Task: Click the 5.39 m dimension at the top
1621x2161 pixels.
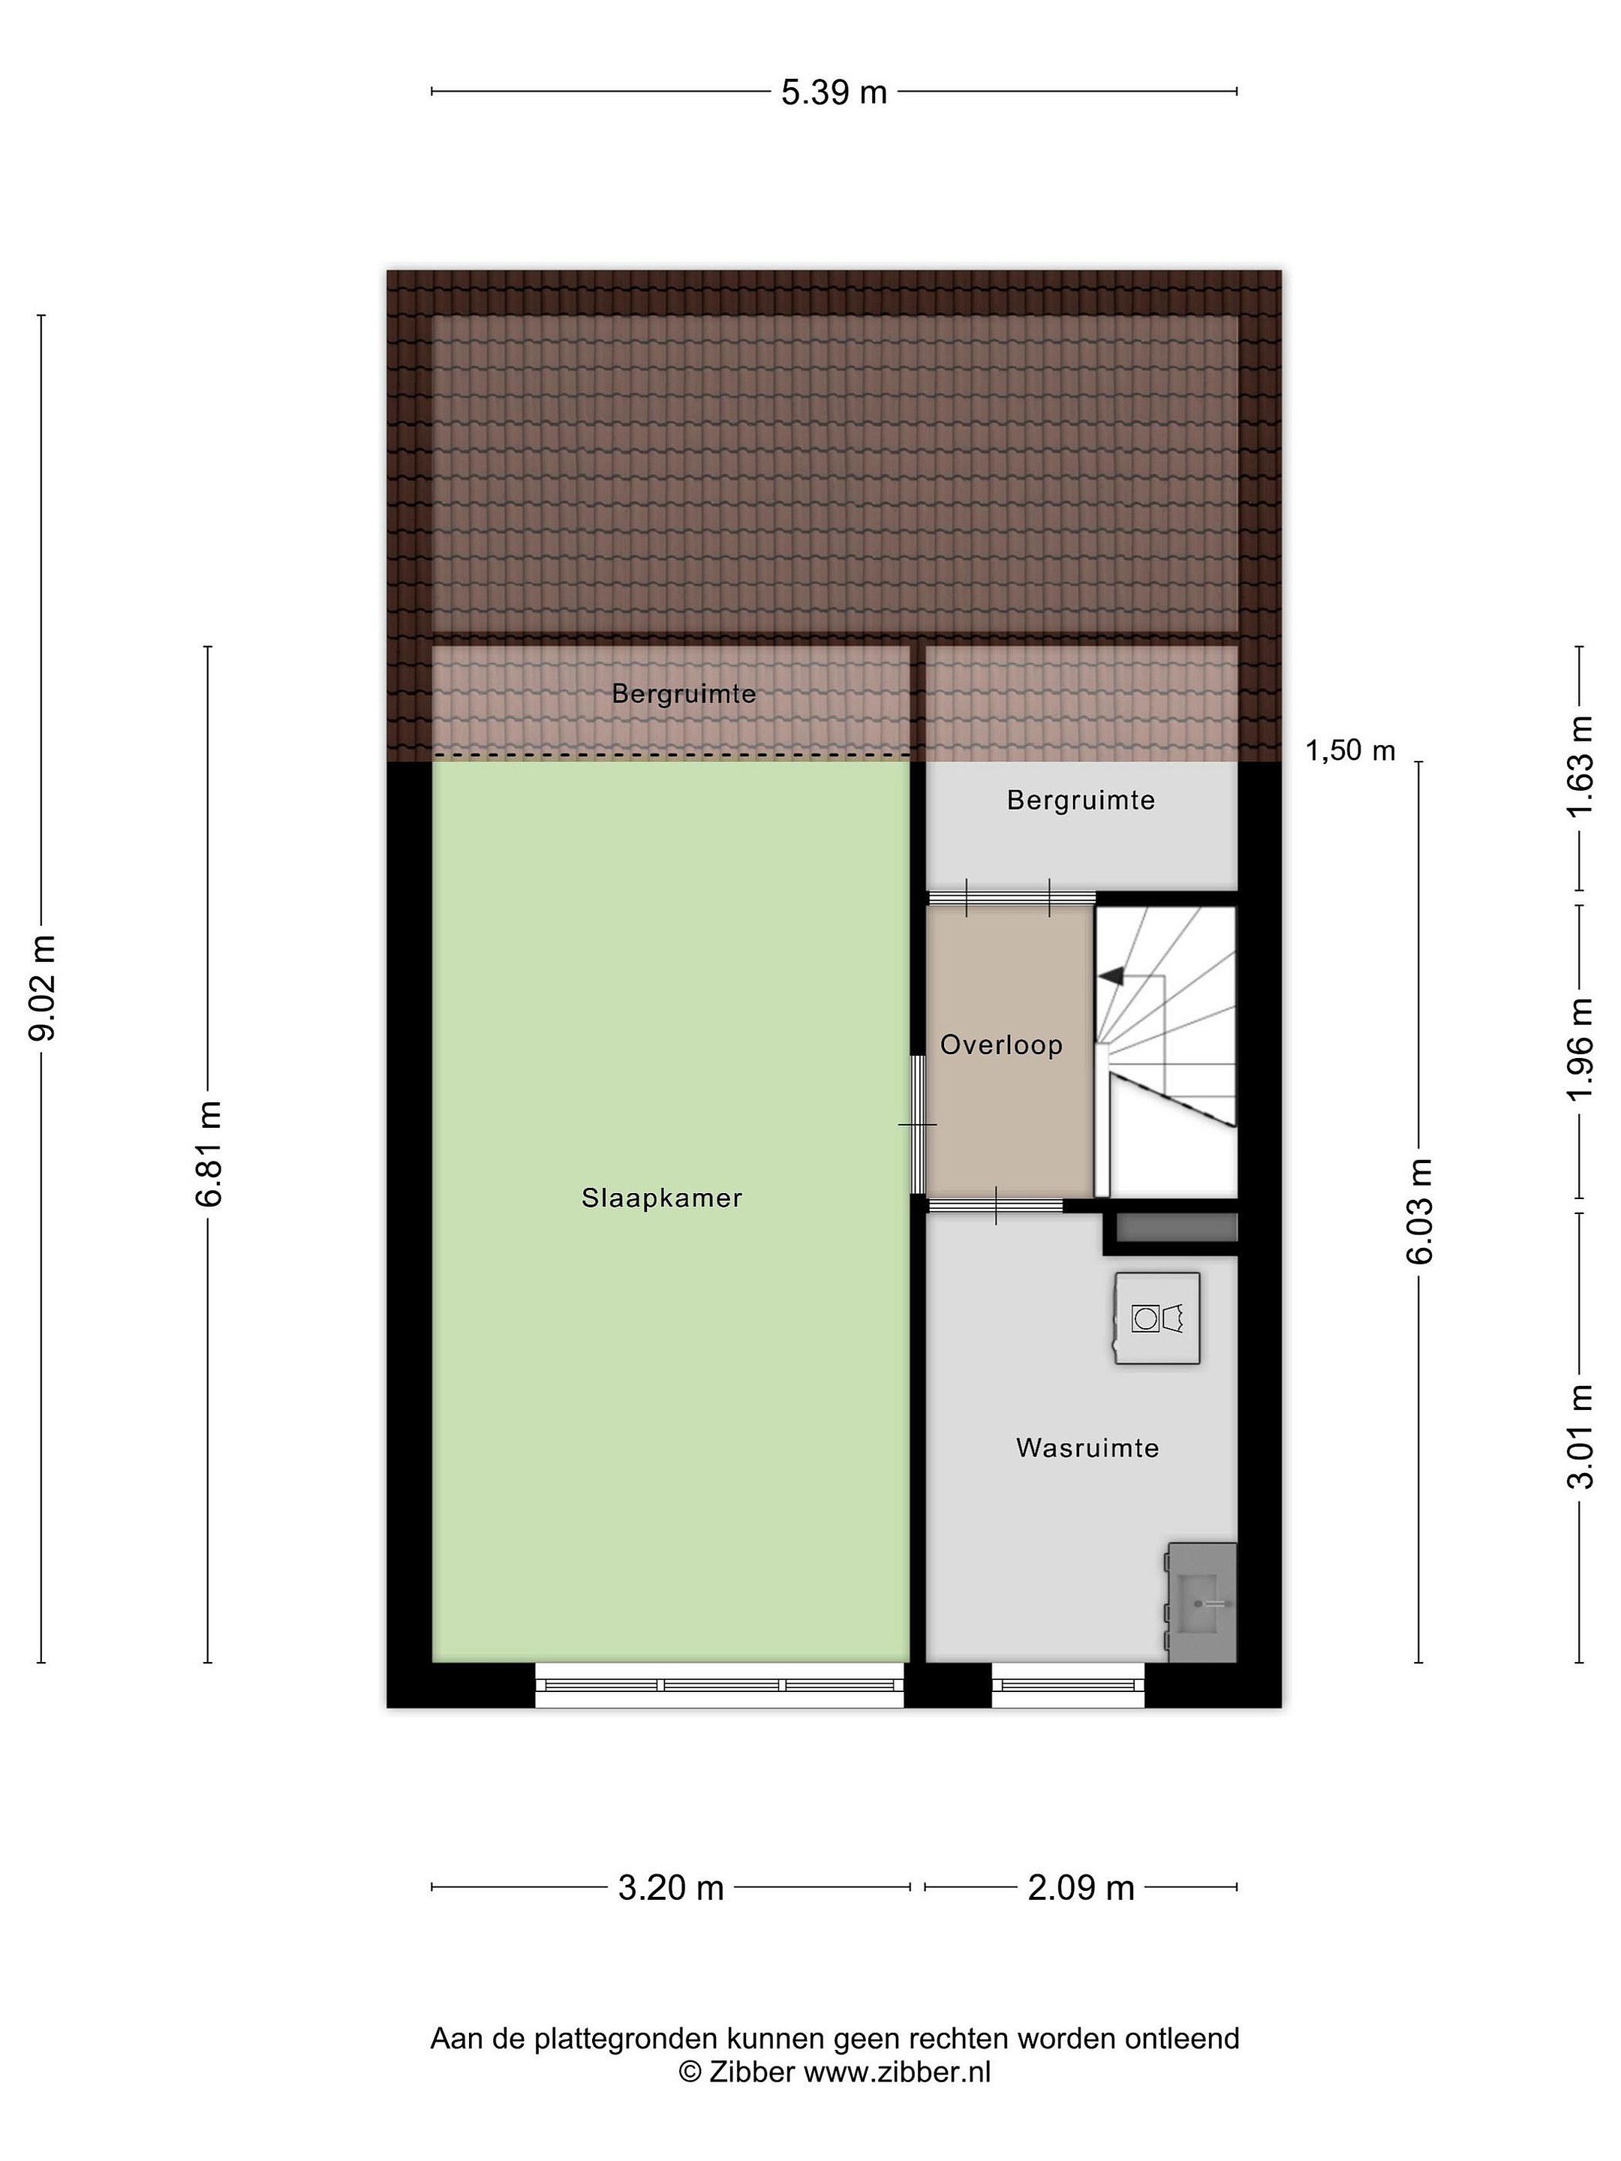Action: (x=834, y=92)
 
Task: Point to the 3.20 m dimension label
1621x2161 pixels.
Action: (x=670, y=1886)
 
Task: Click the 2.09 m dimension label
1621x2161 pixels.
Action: (x=1081, y=1886)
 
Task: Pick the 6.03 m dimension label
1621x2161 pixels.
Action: (x=1418, y=1210)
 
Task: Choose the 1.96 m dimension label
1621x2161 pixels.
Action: (x=1580, y=1048)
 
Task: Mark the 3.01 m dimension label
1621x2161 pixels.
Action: (x=1580, y=1436)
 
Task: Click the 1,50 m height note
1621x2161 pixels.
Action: (x=1350, y=750)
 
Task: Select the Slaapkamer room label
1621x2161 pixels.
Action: (x=661, y=1198)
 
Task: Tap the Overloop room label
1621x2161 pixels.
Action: (x=1000, y=1044)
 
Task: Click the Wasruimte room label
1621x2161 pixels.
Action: (x=1087, y=1447)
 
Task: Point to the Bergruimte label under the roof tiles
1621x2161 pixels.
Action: (x=684, y=693)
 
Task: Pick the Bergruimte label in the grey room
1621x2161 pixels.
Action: (x=1081, y=800)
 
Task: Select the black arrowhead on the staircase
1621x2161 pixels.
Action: (x=1112, y=975)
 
